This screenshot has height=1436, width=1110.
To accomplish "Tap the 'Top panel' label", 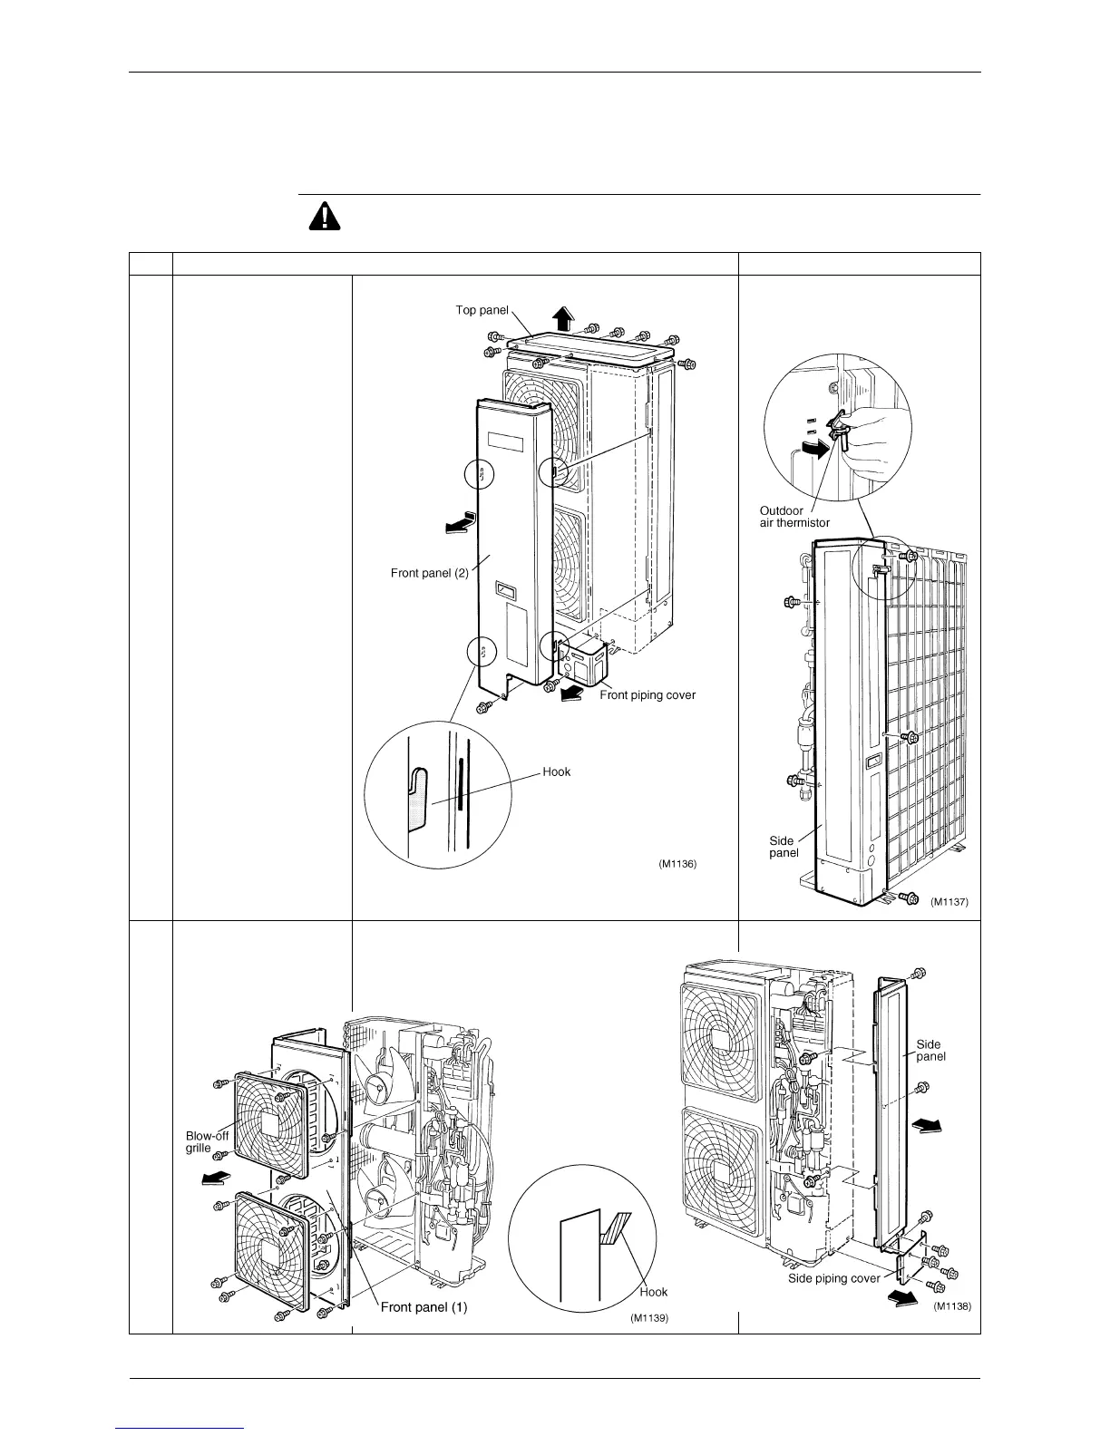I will [482, 310].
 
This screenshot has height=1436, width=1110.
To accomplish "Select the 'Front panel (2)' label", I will [429, 573].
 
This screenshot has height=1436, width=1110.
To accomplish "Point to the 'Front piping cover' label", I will [647, 695].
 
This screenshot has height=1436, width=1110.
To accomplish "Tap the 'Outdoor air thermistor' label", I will [794, 517].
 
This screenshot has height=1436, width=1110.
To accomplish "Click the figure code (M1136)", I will [677, 864].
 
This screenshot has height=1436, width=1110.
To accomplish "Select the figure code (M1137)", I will [949, 902].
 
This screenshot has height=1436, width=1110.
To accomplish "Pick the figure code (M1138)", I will [952, 1306].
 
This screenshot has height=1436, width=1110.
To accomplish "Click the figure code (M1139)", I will [649, 1318].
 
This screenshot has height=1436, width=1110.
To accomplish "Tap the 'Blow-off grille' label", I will [207, 1141].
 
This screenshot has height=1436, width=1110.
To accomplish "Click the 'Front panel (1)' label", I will [424, 1306].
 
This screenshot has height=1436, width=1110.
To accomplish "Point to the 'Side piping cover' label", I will [833, 1278].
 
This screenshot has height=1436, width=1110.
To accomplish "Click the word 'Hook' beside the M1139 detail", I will [653, 1292].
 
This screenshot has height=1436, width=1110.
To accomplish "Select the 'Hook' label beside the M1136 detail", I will [557, 771].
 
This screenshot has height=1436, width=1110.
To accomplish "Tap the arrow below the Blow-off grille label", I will [214, 1178].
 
